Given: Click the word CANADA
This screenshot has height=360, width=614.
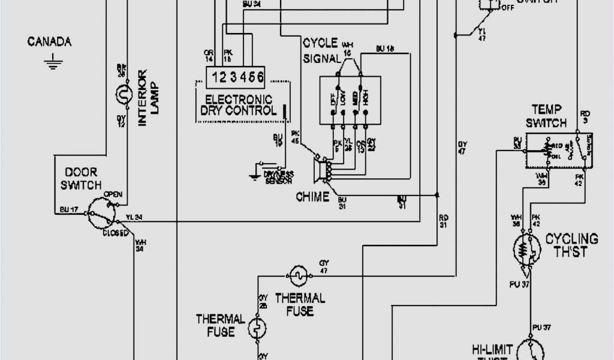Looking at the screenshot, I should (50, 42).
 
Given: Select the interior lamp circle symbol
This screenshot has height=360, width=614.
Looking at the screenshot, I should (123, 94).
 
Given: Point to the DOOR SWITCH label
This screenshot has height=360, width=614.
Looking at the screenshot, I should (80, 178).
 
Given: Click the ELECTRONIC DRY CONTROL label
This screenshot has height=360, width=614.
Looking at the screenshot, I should (239, 105).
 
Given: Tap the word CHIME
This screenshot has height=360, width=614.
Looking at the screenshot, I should (312, 197).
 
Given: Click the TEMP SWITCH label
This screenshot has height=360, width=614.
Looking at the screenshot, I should (546, 116).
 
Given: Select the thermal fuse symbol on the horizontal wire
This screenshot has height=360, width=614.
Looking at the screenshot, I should (298, 275).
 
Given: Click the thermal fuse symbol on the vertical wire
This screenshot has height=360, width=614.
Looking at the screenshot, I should (258, 329).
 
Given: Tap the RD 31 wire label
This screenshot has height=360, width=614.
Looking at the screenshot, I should (444, 221).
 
